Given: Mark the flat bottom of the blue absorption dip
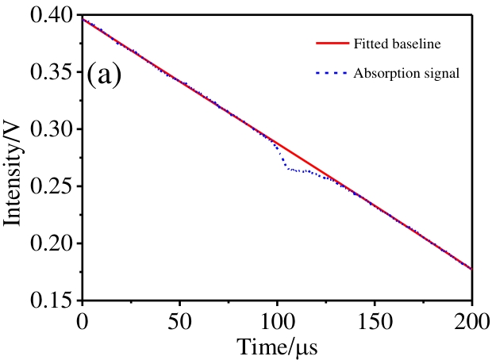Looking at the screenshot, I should pyautogui.click(x=297, y=170).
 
